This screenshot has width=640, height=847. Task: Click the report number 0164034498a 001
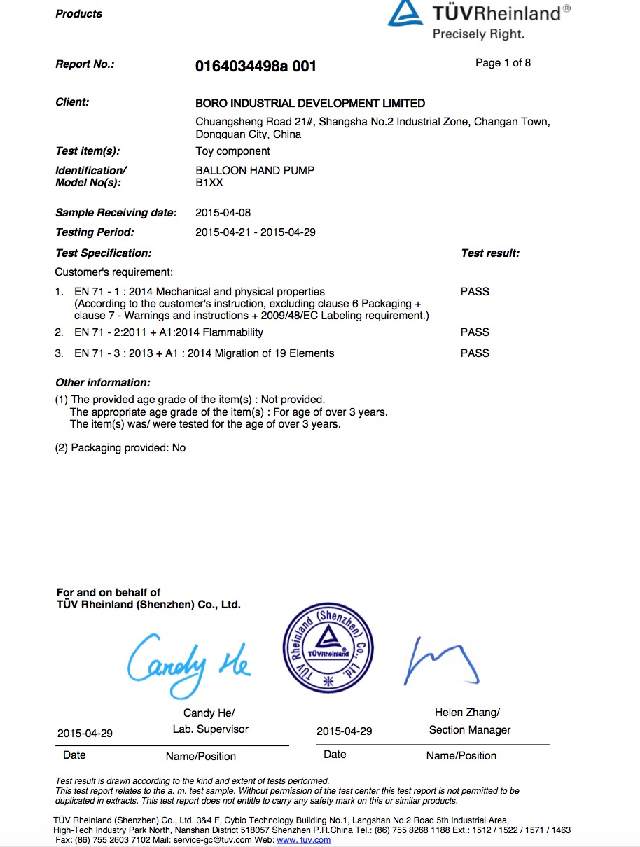click(256, 66)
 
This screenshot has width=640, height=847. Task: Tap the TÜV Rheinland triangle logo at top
click(405, 14)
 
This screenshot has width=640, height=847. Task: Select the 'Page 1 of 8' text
click(503, 63)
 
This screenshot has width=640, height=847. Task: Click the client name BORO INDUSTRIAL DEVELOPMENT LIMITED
click(310, 103)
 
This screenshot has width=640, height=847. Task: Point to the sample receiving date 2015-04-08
click(223, 213)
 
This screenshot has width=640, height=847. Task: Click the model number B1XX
click(209, 183)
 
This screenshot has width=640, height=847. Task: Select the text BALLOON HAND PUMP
click(255, 170)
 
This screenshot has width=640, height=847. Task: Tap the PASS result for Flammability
click(475, 332)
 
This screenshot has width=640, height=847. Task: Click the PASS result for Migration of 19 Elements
click(475, 353)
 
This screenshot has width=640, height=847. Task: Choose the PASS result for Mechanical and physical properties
click(475, 292)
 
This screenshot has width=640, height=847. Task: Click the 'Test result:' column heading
click(490, 253)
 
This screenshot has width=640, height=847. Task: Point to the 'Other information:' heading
click(103, 383)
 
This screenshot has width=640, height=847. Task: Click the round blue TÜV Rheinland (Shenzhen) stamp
click(328, 648)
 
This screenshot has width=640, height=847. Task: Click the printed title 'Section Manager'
click(470, 730)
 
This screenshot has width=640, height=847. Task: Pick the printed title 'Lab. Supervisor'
click(211, 729)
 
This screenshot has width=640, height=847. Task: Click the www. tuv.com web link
click(304, 839)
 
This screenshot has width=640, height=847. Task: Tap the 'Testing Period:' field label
click(95, 232)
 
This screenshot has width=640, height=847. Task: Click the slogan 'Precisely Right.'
click(478, 34)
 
